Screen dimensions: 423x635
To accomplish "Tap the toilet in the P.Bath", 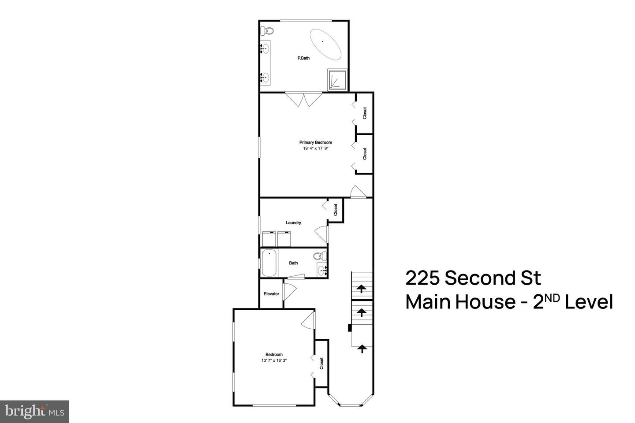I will (x=267, y=31).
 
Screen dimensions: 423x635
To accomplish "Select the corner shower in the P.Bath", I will (x=337, y=79).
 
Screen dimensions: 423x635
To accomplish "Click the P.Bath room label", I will (x=303, y=58).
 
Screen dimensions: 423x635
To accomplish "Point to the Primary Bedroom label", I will (x=315, y=142).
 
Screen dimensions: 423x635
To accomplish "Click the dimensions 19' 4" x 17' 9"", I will (x=315, y=148).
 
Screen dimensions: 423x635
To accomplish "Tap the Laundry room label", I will (x=293, y=223).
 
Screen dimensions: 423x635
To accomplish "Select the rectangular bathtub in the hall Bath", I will (x=269, y=263).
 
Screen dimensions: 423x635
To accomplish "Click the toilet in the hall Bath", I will (x=320, y=256).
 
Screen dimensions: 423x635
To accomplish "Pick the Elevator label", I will (x=271, y=294).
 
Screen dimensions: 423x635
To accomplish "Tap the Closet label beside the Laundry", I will (x=336, y=209).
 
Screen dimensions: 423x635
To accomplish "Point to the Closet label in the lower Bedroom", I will (x=321, y=364).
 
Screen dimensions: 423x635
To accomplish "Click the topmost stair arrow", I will (x=362, y=289).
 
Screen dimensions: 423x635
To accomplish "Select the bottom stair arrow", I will (x=362, y=349).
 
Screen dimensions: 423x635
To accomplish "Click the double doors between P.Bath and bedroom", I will (x=304, y=99).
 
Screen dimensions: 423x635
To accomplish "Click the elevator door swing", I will (x=288, y=292).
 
